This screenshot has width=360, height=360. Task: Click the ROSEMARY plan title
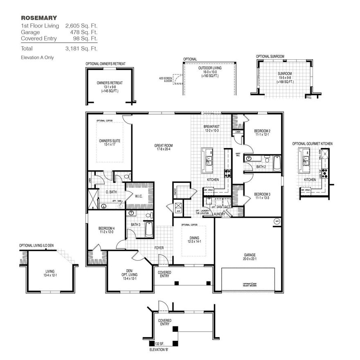pos(39,18)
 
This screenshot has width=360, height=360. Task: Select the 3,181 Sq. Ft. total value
pos(81,48)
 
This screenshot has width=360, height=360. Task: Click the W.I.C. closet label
pos(139,196)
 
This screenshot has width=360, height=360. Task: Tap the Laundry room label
pos(218,214)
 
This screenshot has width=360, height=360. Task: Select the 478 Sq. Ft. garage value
pos(81,32)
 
